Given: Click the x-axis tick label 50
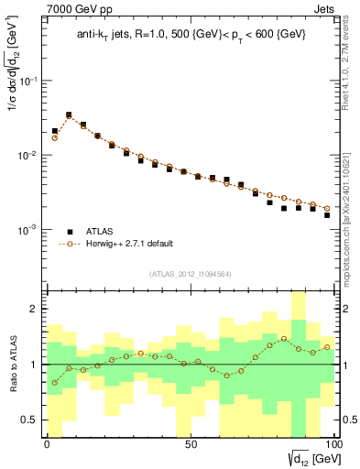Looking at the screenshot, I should (190, 444).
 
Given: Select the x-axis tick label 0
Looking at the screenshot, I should (47, 444).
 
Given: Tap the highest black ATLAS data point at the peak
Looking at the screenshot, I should (69, 115).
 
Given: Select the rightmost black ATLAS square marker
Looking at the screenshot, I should (327, 215).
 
